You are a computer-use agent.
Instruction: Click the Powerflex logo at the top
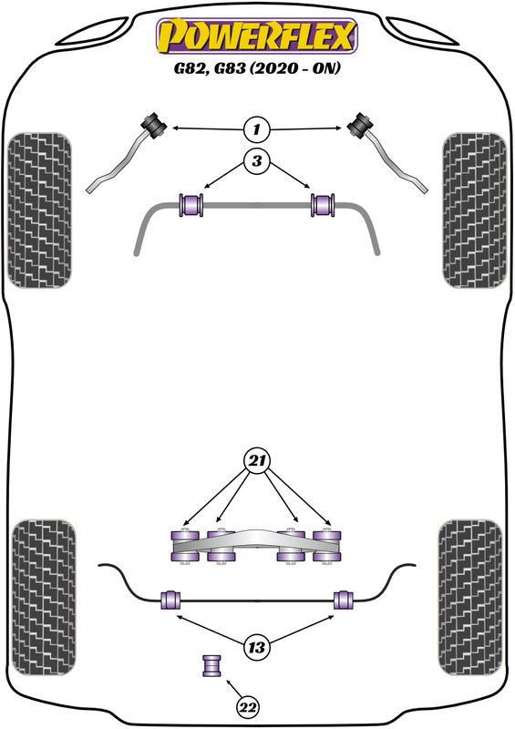coord(257,36)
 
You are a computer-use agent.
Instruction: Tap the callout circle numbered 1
coord(257,129)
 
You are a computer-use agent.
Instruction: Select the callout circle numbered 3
coord(257,161)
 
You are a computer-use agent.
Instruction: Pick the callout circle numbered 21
coord(257,461)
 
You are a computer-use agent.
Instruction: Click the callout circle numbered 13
coord(257,646)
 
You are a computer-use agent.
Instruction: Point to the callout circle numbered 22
coord(248,707)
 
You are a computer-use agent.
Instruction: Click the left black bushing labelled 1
coord(153,125)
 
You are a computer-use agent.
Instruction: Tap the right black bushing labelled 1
coord(361,125)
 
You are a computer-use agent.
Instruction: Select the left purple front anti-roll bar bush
coord(191,204)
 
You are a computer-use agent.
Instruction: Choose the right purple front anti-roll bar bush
coord(323,204)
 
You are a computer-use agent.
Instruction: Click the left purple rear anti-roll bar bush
coord(170,600)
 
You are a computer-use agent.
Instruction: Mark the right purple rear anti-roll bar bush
coord(344,600)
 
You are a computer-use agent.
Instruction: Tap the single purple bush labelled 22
coord(211,666)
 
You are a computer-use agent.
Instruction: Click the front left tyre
coord(40,210)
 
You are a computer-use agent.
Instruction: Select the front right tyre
coord(475,210)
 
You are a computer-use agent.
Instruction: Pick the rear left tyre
coord(44,598)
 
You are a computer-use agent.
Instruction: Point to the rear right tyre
coord(470,598)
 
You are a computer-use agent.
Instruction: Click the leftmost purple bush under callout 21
coord(185,546)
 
